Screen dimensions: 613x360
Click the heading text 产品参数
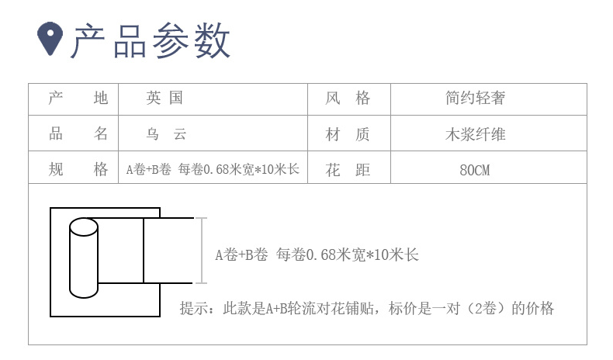[x=151, y=40]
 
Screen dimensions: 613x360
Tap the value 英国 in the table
[x=165, y=99]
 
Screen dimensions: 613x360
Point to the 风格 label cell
[x=348, y=99]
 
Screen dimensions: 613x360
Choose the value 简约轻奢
[x=475, y=99]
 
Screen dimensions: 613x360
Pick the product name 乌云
[x=165, y=134]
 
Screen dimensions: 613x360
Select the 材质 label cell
[x=348, y=134]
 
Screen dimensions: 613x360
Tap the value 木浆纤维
[x=475, y=134]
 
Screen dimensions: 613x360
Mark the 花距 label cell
[x=348, y=170]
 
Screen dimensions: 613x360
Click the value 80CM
[x=475, y=170]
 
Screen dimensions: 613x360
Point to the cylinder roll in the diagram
[x=84, y=258]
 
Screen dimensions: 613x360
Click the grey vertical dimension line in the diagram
[x=203, y=251]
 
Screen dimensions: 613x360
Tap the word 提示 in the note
[x=194, y=308]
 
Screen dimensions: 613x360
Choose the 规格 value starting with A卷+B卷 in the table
[x=213, y=170]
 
